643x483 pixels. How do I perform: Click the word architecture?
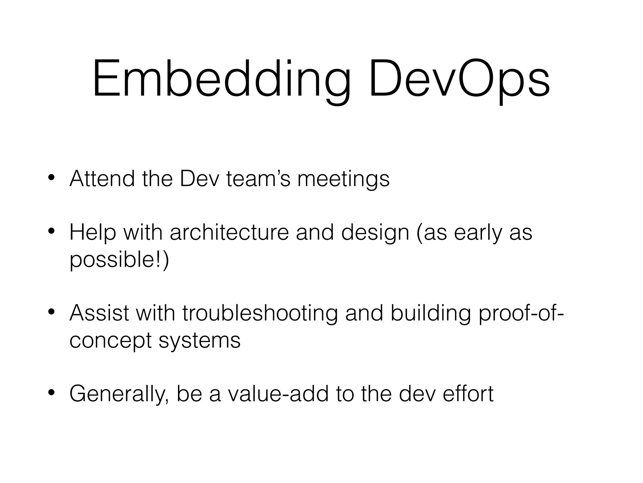coord(229,233)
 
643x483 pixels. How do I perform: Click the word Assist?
coord(99,313)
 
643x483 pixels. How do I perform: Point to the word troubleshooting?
coord(260,314)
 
